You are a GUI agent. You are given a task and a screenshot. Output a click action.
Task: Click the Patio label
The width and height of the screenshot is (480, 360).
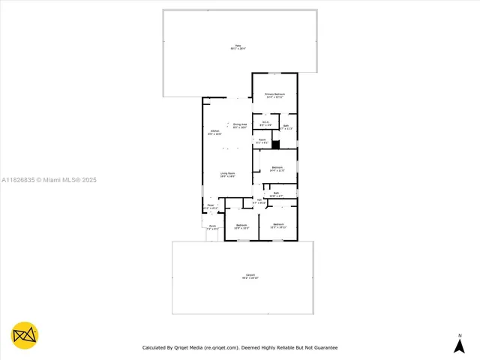(x=238, y=46)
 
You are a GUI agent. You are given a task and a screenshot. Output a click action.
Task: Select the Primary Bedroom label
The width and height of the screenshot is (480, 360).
(x=274, y=95)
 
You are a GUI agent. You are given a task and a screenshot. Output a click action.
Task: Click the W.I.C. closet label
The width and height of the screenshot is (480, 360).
(x=265, y=123)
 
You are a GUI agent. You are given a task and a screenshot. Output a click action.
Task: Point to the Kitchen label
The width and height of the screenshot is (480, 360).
(x=214, y=132)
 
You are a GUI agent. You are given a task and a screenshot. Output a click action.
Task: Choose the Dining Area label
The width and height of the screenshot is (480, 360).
(x=240, y=125)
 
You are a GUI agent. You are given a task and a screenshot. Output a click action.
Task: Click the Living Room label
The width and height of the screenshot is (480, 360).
(x=227, y=174)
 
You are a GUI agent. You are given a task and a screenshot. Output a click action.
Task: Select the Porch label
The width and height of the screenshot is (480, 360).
(x=212, y=227)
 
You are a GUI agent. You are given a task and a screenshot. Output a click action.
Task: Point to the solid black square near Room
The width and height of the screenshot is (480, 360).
(x=275, y=145)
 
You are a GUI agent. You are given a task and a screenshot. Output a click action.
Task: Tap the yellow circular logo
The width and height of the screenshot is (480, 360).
(x=25, y=335)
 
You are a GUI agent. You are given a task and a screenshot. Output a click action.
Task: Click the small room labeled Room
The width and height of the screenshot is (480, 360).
(x=262, y=141)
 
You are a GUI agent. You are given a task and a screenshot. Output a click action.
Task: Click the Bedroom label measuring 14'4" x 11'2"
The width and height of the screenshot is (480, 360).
(x=277, y=169)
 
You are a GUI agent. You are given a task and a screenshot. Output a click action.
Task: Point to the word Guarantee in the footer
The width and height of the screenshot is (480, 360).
(x=324, y=347)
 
